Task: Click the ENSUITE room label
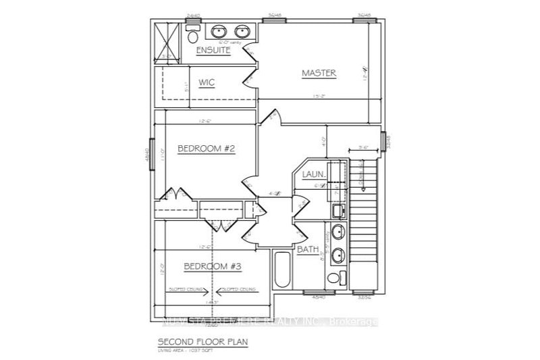(213, 51)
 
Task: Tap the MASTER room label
(319, 73)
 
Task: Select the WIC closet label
(206, 82)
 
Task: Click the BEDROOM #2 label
(206, 149)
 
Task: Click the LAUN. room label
(315, 174)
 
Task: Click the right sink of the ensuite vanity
(241, 32)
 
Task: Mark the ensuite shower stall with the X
(167, 43)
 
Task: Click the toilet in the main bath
(333, 278)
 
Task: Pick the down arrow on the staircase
(360, 177)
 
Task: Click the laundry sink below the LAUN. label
(337, 209)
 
